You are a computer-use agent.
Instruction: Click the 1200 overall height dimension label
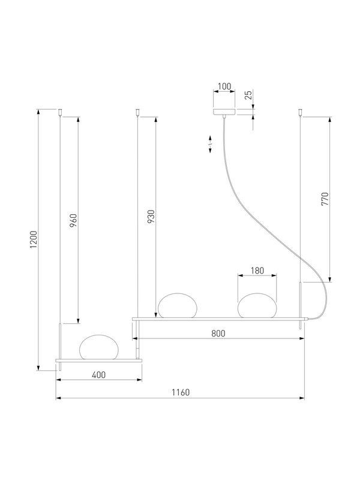pos(34,239)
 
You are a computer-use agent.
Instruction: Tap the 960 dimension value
pos(73,220)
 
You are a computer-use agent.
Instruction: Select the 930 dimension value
pos(151,216)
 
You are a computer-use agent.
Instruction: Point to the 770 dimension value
pos(325,199)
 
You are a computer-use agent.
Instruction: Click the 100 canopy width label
pos(224,86)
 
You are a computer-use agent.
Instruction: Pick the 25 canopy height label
pos(248,95)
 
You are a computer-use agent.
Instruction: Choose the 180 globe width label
pos(257,271)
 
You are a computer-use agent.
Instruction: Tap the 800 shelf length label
pos(218,334)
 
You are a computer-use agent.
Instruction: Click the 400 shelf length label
pos(98,374)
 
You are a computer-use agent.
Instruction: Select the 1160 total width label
pos(181,392)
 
